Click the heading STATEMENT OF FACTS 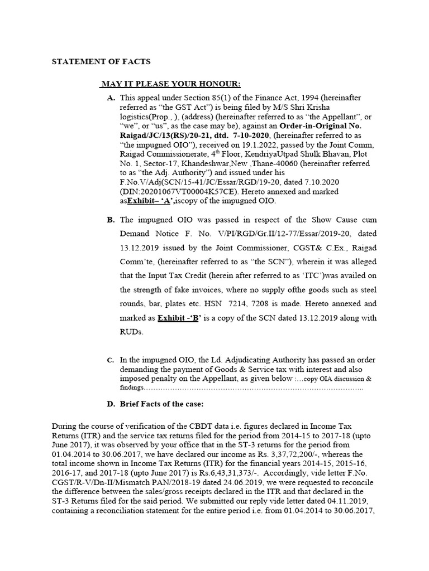point(101,61)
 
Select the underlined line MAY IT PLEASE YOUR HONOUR point(170,84)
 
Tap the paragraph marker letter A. point(111,98)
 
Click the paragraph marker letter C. point(111,361)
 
